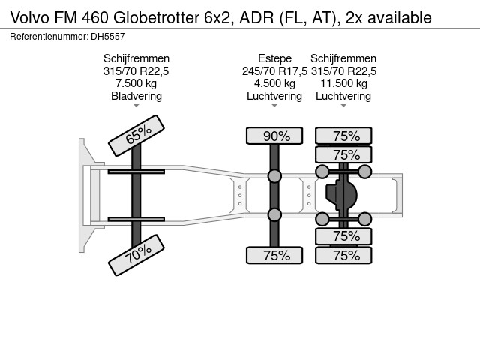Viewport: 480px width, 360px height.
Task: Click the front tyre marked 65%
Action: coord(136,135)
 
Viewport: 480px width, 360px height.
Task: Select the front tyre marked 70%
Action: coord(136,255)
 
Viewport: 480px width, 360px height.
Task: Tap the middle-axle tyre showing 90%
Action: coord(274,136)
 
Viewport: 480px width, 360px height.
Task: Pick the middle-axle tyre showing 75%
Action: coord(274,255)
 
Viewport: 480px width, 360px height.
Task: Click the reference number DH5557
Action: coord(108,37)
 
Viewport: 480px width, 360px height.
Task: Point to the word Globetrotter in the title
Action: coord(157,17)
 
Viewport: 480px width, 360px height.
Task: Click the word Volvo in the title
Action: coord(30,17)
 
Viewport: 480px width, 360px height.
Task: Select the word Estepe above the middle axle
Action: coord(274,58)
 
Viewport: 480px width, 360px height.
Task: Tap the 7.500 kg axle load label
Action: coord(136,83)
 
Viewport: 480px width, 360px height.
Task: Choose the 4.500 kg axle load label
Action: coord(274,83)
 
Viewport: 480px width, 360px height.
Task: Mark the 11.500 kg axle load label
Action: coord(343,83)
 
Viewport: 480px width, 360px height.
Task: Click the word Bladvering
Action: coord(136,96)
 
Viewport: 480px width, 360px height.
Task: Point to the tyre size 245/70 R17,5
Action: coord(274,71)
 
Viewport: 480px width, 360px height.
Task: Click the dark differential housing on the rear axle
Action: coord(341,195)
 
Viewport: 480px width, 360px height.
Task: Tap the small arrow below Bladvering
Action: coord(136,106)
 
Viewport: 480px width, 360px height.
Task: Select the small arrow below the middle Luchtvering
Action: coord(274,106)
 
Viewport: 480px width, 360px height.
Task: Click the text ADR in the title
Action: coord(256,17)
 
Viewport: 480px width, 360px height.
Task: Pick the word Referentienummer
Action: coord(49,37)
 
